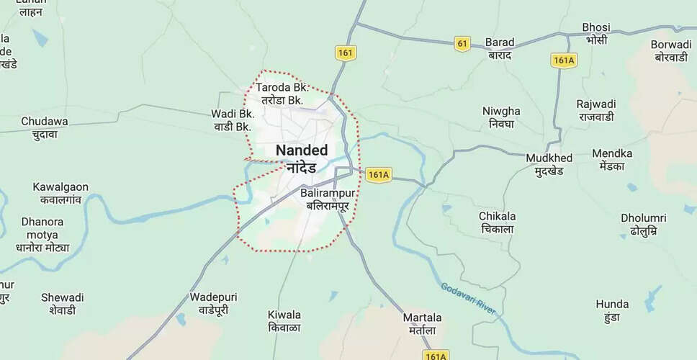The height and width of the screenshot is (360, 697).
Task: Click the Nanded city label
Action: [302, 158]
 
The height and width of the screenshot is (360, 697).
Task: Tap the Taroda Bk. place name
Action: [282, 94]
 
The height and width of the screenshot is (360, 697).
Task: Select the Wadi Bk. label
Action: [232, 120]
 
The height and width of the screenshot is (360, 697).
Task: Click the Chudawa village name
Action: [45, 127]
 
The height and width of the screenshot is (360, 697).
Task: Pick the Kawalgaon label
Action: [60, 193]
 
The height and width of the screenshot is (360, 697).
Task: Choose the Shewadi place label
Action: [62, 303]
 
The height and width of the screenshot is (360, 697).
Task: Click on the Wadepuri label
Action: [213, 303]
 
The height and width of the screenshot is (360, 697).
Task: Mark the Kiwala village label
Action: [284, 321]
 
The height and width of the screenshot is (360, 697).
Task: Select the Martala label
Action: [423, 323]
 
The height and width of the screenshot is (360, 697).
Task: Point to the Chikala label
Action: [498, 222]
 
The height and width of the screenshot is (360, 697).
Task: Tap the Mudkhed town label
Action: [549, 164]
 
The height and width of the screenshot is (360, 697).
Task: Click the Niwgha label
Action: [502, 117]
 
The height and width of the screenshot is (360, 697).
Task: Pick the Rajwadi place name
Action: [595, 110]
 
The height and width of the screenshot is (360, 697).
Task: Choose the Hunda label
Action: [612, 310]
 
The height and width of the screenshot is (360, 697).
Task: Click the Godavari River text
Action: [469, 298]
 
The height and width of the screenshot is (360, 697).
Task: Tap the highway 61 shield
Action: [462, 44]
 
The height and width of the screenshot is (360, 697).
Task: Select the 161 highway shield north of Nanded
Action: [346, 53]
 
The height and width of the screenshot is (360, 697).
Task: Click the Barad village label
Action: [499, 48]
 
